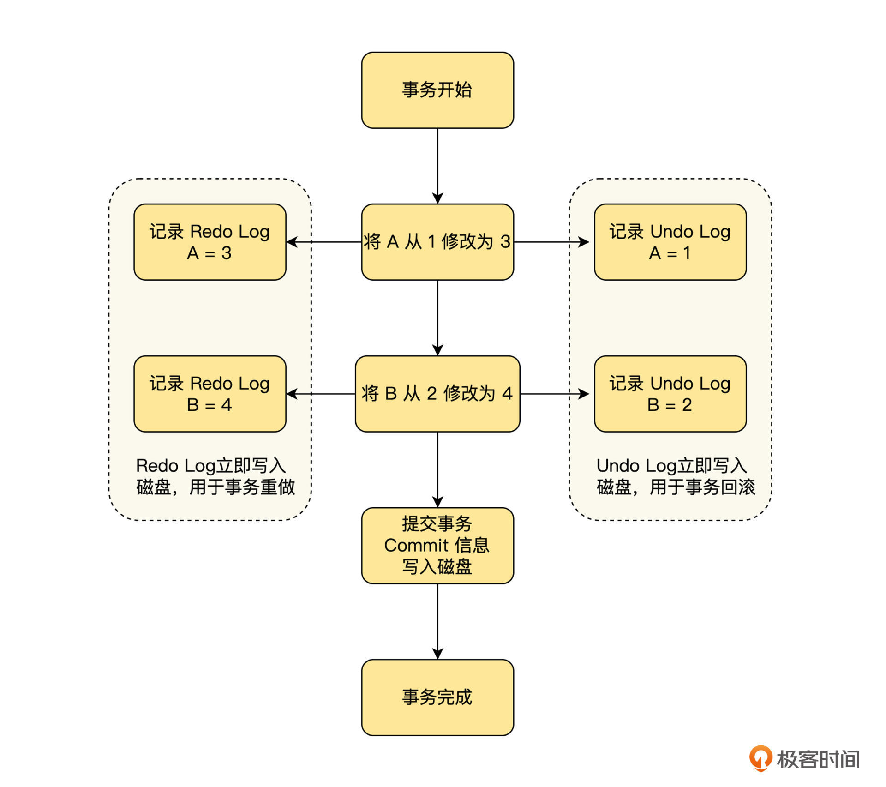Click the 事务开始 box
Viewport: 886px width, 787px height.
(437, 90)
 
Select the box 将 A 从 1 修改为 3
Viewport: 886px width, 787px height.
(437, 242)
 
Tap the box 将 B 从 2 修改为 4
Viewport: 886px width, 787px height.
(437, 394)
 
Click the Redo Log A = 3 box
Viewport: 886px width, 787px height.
(210, 242)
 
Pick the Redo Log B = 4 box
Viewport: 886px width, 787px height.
(210, 394)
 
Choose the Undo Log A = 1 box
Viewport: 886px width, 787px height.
(670, 242)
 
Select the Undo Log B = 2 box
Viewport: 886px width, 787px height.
(670, 394)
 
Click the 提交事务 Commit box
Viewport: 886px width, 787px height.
(437, 546)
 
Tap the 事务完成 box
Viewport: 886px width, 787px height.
(437, 697)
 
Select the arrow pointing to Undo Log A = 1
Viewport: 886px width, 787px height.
(552, 242)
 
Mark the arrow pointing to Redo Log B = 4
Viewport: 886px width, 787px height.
(321, 394)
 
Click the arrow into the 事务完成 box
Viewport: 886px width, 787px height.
(437, 621)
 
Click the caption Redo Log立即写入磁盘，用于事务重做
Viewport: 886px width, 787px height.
(215, 476)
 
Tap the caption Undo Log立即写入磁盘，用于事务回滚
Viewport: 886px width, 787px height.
(676, 476)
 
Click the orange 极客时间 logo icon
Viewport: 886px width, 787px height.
(760, 758)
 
